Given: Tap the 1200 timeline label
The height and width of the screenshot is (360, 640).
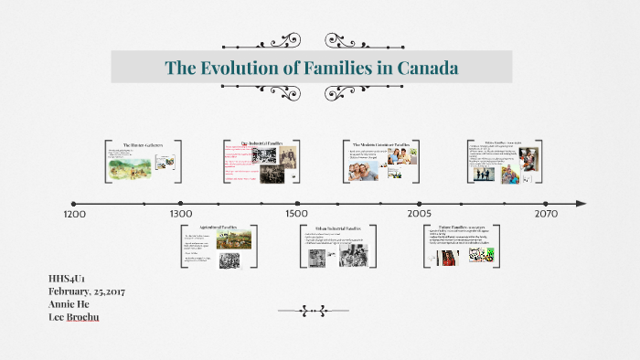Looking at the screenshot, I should pos(75,214).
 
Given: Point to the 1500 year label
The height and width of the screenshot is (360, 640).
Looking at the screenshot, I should pos(296,214).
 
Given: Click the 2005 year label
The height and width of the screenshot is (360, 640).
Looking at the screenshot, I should pos(420,214).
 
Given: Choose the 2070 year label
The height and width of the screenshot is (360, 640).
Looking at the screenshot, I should pos(547,214).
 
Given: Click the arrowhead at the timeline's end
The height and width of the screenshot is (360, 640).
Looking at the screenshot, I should pos(581,203).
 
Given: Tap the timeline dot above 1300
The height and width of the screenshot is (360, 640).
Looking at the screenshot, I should pos(181,203).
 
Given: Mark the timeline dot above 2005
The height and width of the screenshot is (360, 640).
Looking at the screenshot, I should pos(420,203).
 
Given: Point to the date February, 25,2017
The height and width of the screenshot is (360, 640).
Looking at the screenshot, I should pos(87,291).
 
